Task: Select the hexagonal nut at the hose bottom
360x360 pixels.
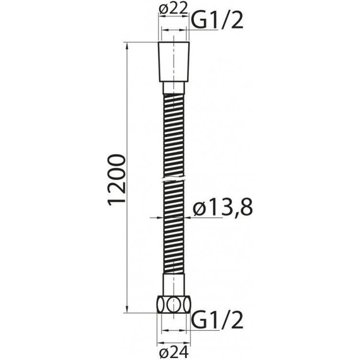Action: point(176,304)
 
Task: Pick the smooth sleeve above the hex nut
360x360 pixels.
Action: point(176,284)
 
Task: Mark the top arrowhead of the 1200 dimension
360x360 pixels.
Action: point(129,46)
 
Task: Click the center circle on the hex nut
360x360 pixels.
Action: point(176,304)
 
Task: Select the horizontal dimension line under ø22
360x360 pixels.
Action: point(176,29)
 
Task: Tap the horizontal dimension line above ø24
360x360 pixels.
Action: point(176,332)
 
